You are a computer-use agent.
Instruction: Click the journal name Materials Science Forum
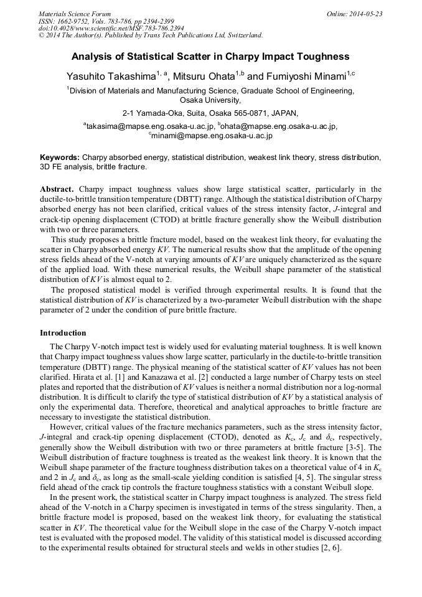(74, 14)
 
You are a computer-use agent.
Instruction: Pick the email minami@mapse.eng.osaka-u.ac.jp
(212, 135)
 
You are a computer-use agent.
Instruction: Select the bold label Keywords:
(60, 158)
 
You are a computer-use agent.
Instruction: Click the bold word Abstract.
(57, 189)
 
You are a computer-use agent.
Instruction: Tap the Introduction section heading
(63, 333)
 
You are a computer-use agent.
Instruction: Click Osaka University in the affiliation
(210, 100)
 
